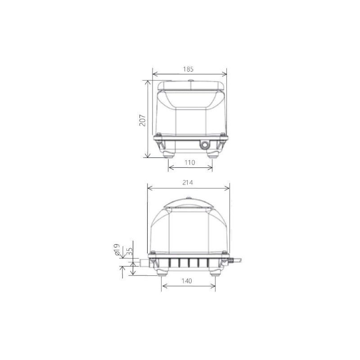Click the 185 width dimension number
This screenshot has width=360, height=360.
click(x=189, y=69)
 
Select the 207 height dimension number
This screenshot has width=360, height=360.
click(x=142, y=119)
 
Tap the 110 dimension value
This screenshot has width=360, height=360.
click(x=190, y=163)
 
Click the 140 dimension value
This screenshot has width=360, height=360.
click(x=187, y=281)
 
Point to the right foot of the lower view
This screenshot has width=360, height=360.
click(x=215, y=271)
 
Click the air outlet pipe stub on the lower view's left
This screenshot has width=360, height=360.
click(x=142, y=263)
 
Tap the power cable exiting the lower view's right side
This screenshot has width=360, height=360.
click(x=237, y=261)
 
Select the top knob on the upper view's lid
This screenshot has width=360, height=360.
click(x=190, y=81)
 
